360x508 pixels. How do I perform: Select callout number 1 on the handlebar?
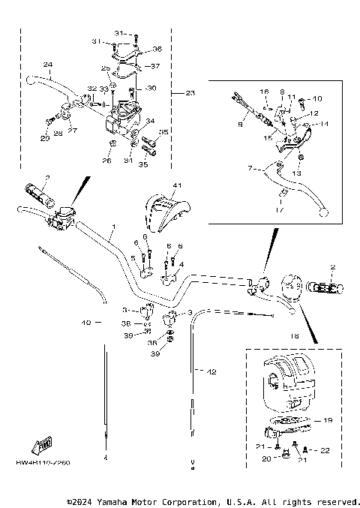coord(113,226)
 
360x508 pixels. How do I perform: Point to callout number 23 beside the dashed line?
coord(190,93)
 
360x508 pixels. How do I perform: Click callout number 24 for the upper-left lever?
coord(48,64)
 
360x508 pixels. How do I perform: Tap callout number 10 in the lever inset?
coord(316,98)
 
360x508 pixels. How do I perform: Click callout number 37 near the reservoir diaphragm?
coord(157,65)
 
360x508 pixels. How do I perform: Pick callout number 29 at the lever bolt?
coord(44,137)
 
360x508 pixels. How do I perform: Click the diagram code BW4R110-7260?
coord(43,462)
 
